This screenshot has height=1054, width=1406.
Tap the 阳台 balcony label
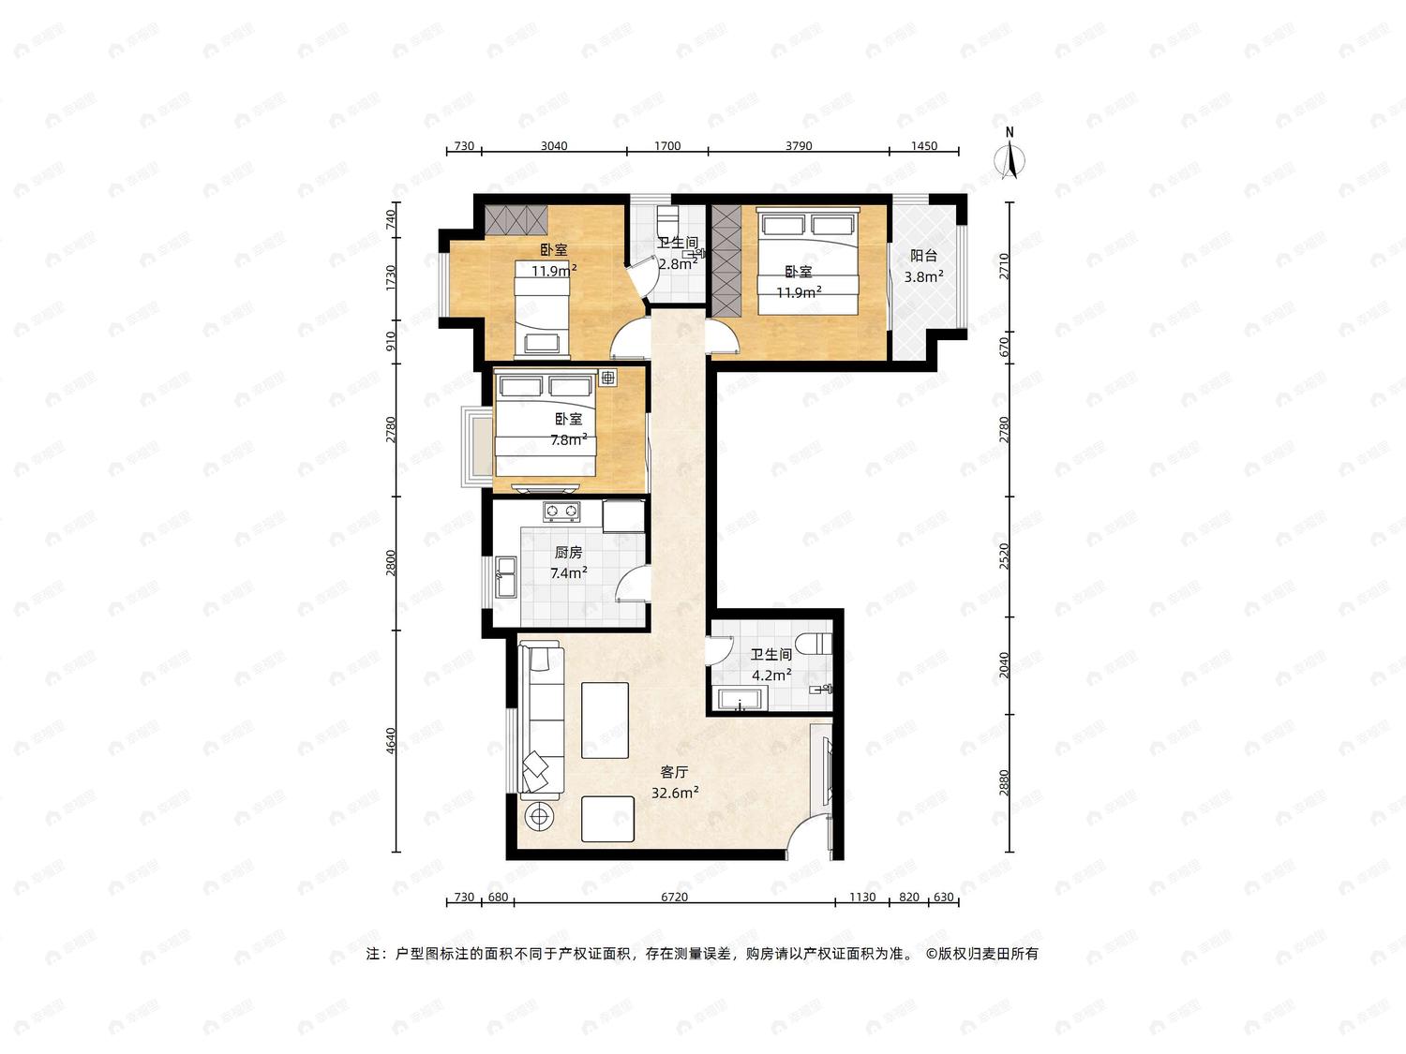(x=923, y=256)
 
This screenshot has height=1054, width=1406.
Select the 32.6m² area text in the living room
(x=675, y=794)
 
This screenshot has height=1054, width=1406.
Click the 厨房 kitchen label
(x=568, y=552)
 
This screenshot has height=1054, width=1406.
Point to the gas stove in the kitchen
(x=561, y=512)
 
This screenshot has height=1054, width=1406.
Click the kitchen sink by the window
(x=506, y=577)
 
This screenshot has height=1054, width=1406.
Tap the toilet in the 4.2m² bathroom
(x=815, y=644)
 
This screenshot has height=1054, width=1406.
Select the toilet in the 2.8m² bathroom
(x=667, y=221)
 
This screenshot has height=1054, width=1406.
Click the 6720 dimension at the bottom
(x=675, y=898)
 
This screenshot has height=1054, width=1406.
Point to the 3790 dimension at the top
(x=799, y=146)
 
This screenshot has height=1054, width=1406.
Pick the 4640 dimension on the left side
(x=392, y=741)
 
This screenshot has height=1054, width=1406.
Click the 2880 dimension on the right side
(x=1004, y=782)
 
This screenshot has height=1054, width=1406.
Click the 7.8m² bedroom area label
(x=569, y=440)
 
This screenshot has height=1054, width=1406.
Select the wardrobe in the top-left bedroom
(x=516, y=219)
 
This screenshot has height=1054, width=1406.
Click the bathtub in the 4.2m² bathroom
(x=741, y=699)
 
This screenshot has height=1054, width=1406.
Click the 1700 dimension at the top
(x=667, y=146)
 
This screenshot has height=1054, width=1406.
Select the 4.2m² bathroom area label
(x=771, y=675)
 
